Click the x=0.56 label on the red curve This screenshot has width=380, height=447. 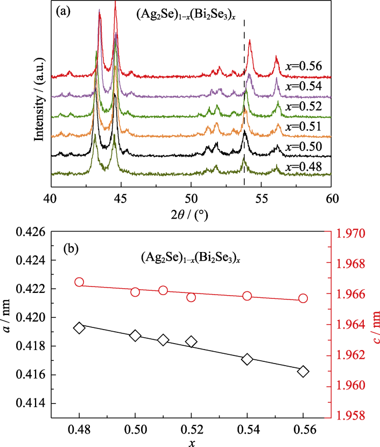coord(303,67)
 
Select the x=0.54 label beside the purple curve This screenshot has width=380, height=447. coord(303,87)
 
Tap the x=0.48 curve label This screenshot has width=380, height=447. coord(303,167)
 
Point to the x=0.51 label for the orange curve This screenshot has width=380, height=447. coord(303,127)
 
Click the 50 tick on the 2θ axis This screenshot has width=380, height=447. coord(191,198)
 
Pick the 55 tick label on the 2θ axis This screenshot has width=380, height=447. coord(262,198)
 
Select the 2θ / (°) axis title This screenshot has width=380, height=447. coord(191,214)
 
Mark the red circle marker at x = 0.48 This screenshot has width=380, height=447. coord(80,282)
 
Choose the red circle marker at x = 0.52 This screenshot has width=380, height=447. coord(191,297)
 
